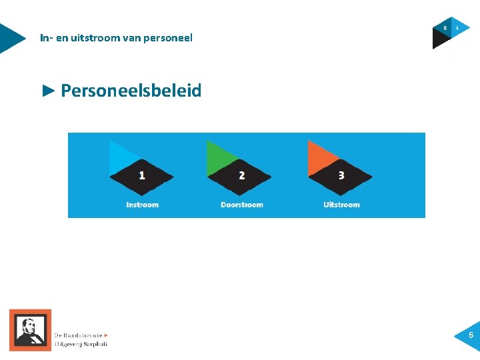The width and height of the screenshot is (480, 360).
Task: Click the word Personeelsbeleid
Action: point(131,91)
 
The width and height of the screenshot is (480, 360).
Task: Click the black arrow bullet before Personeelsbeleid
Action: point(48,90)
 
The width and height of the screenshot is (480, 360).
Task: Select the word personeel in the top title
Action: point(170,38)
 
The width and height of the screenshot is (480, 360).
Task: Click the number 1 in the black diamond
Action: point(142,175)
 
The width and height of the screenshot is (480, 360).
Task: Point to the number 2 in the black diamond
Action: point(241,175)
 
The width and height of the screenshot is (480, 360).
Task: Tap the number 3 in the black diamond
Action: point(341,175)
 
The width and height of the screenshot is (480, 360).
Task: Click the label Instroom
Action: point(143,205)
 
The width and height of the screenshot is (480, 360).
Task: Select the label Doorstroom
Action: point(242,205)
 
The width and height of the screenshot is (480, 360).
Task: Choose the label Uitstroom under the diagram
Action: point(341,205)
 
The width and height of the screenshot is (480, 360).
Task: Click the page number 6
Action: point(471,335)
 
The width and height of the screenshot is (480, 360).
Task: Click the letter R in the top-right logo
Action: point(445,28)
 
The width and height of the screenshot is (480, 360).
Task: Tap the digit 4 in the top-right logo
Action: point(457,28)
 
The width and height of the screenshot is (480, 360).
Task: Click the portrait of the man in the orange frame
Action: point(30,330)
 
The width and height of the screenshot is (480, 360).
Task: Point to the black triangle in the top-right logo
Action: point(439,41)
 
